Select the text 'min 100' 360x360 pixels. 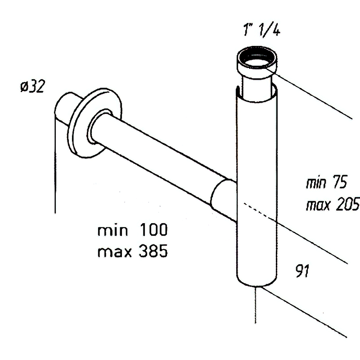pos(133,230)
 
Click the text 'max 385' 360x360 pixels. pos(133,251)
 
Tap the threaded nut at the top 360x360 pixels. pos(256,63)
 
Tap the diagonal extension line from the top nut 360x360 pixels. pos(315,94)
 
